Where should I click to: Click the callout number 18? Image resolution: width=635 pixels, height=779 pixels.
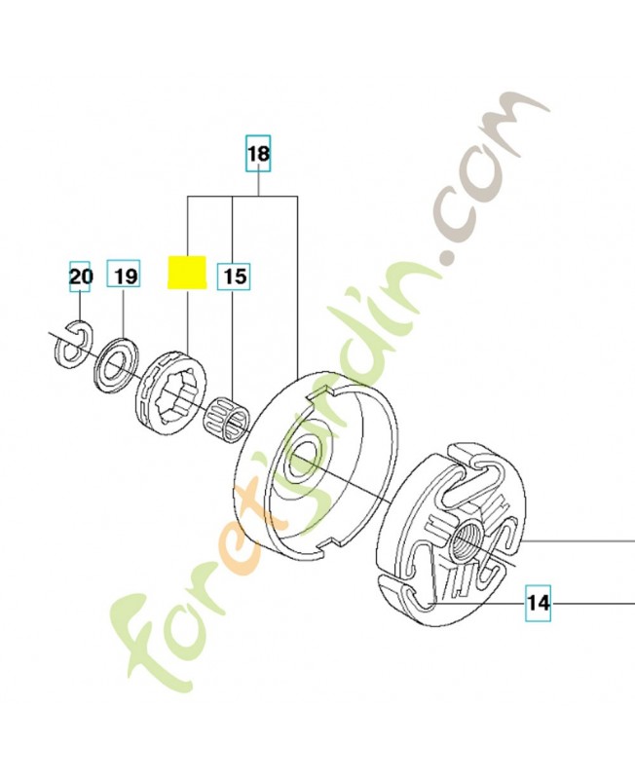(x=258, y=154)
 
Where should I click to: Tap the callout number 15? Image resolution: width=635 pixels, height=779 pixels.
(x=234, y=277)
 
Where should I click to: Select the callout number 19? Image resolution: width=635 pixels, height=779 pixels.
(x=124, y=277)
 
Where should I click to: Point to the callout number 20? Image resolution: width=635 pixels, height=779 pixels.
(x=80, y=277)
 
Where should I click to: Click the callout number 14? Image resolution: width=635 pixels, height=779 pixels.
(x=539, y=603)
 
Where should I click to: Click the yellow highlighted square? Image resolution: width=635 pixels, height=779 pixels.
(x=184, y=273)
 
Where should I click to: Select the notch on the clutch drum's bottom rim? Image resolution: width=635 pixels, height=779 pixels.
(x=318, y=551)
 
